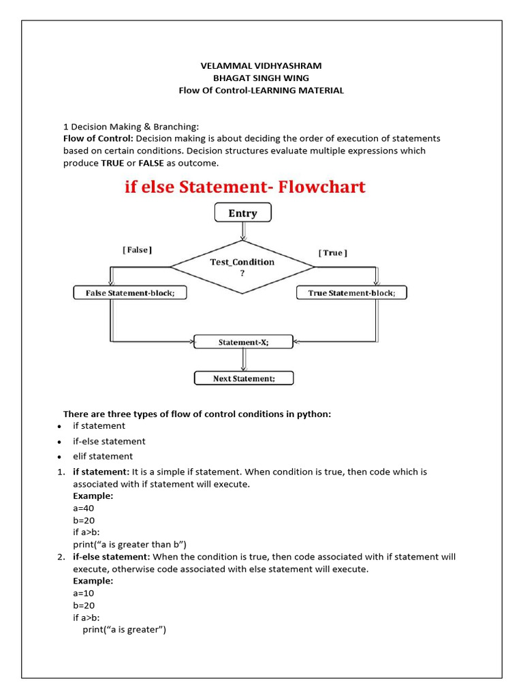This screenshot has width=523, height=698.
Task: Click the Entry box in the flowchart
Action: coord(242,213)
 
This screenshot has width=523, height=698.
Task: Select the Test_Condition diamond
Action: coord(242,267)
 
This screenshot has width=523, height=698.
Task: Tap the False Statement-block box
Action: coord(129,293)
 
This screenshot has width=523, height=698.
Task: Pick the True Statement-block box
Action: coord(351,293)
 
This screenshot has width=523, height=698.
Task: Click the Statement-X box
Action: coord(243,342)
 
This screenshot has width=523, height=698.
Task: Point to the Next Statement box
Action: coord(244,378)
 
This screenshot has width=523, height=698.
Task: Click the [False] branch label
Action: coord(137,250)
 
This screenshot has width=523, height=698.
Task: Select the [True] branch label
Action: coord(332,253)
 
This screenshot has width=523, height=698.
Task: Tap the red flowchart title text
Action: coord(244,187)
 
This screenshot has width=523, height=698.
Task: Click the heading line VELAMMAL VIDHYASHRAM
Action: coord(260,65)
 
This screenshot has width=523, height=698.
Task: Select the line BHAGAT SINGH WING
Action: coord(261,78)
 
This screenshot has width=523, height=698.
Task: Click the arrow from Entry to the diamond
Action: coord(242,231)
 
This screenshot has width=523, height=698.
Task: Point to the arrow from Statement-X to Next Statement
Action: coord(243,360)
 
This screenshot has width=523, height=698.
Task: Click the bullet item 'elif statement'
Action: coord(103,456)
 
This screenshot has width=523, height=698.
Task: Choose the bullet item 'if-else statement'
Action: coord(109,441)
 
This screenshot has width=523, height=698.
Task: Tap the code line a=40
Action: coord(84,508)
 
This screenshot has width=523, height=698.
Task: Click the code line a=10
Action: coord(84,593)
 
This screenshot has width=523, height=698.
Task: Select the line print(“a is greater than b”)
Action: coord(129,544)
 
